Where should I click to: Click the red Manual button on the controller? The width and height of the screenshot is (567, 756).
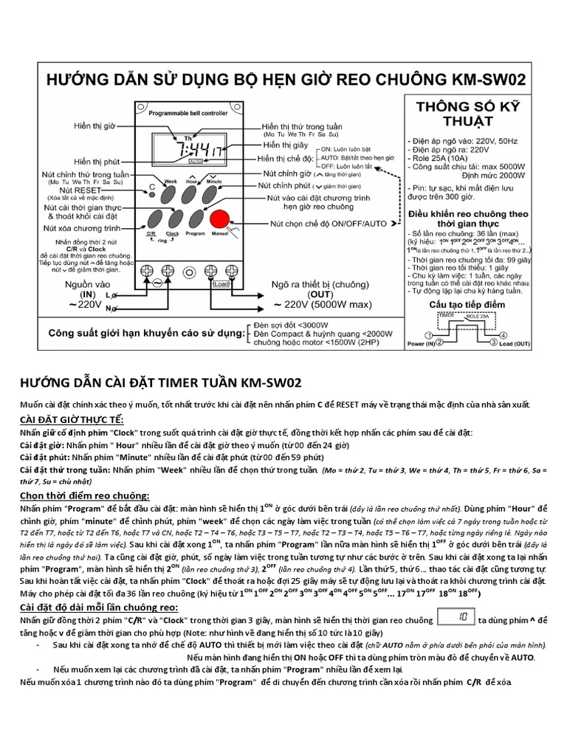(219, 220)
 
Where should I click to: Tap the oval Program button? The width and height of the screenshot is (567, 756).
(195, 220)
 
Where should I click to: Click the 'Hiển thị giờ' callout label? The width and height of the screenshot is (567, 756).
(95, 126)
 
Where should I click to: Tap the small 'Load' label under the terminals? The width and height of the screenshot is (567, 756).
(220, 283)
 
